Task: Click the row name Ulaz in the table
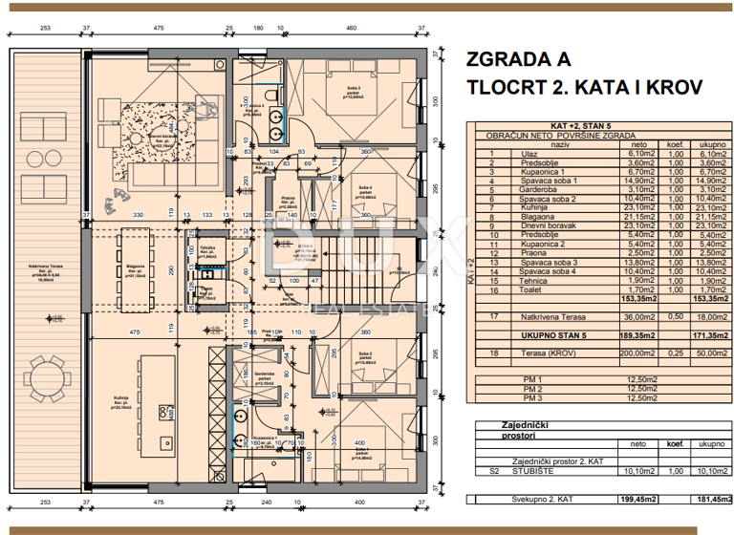coord(516,153)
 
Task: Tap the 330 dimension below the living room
coord(138,214)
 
